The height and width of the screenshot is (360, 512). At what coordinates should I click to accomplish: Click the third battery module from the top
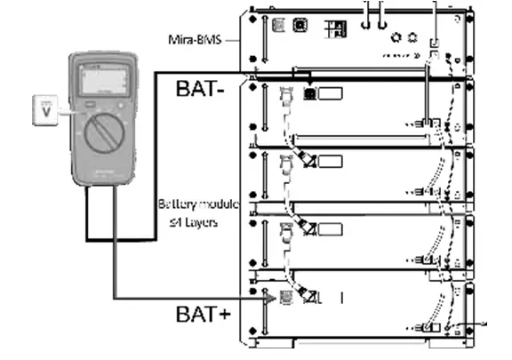(x=356, y=240)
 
